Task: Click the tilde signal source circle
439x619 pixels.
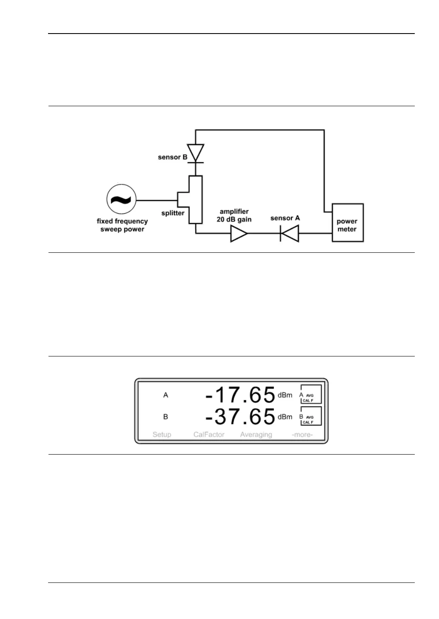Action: click(121, 200)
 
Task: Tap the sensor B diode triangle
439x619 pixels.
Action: click(196, 153)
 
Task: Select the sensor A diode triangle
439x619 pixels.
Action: click(290, 233)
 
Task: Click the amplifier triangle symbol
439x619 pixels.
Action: click(239, 233)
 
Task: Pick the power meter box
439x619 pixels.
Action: click(348, 223)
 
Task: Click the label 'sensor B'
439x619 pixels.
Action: click(172, 157)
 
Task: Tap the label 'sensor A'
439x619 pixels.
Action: click(285, 218)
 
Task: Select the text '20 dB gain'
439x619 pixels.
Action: click(234, 220)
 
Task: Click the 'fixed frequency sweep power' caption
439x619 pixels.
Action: click(122, 225)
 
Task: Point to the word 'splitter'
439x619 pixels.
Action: click(173, 213)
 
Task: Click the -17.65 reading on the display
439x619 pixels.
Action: click(240, 395)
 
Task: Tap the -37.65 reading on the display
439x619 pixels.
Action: click(240, 417)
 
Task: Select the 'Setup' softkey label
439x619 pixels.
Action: click(162, 435)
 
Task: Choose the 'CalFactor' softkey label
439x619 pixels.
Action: click(209, 435)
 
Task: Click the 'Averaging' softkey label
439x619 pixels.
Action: click(256, 435)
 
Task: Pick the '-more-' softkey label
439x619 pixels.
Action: click(302, 435)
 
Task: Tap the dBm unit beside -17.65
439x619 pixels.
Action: click(285, 395)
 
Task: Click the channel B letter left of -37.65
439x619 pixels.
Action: click(165, 417)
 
